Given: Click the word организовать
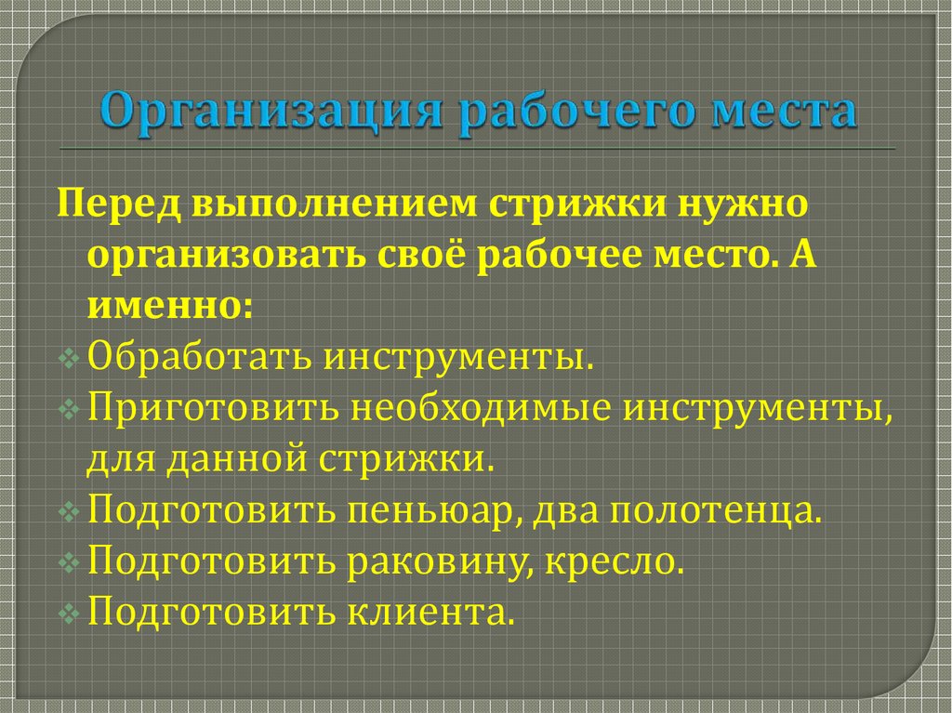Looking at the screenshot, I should click(x=229, y=254).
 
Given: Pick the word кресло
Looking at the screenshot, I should click(x=610, y=561).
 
